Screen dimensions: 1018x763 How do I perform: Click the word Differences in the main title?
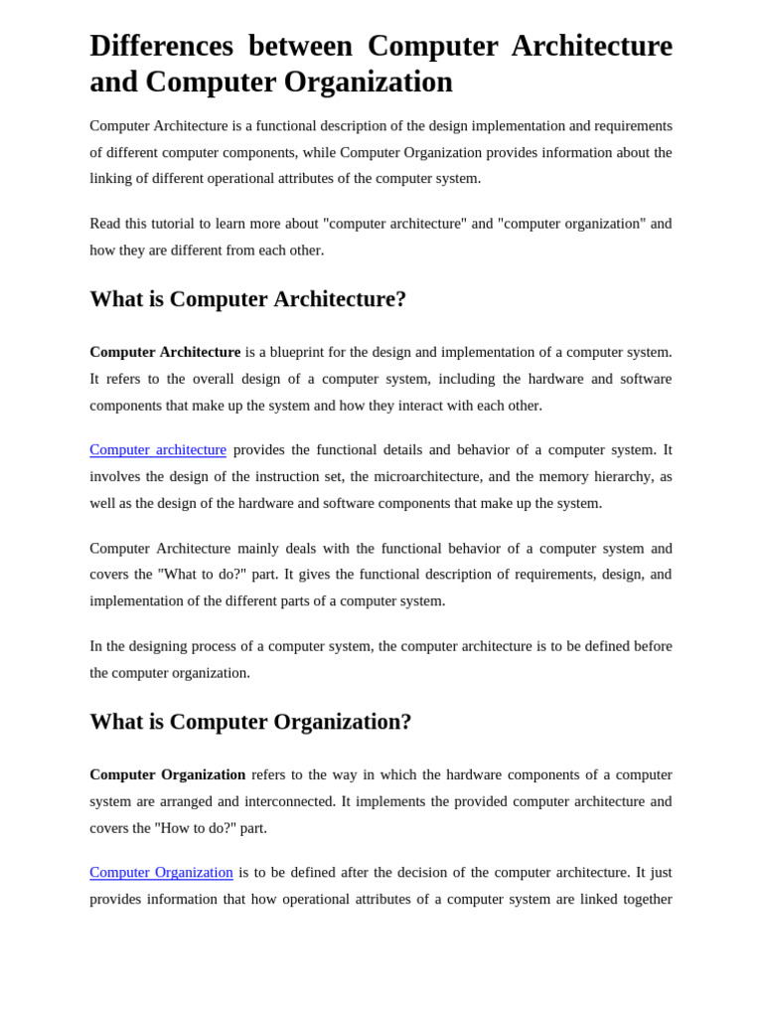pyautogui.click(x=161, y=46)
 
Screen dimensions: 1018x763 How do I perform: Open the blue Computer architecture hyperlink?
pyautogui.click(x=158, y=449)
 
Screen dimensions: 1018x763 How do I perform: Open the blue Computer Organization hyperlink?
pyautogui.click(x=161, y=872)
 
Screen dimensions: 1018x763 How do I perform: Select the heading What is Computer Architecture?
pyautogui.click(x=247, y=299)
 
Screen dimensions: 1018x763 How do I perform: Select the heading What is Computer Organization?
pyautogui.click(x=250, y=722)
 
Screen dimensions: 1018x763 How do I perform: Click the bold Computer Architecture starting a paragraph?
pyautogui.click(x=165, y=352)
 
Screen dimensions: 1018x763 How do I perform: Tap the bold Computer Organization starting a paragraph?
pyautogui.click(x=167, y=774)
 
